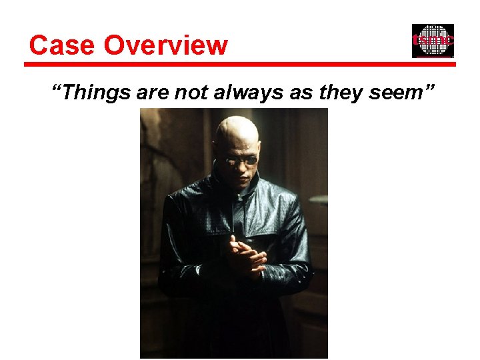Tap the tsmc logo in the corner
point(433,41)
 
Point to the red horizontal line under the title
point(240,65)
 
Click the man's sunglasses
point(239,160)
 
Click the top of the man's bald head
point(237,122)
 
